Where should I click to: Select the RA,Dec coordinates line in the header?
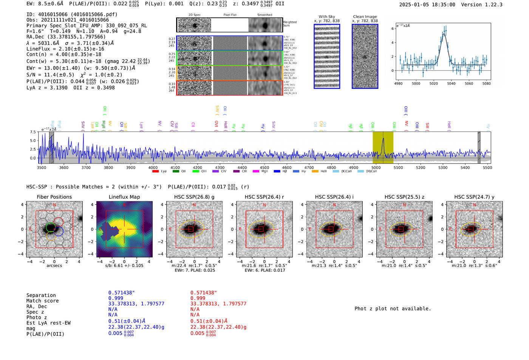tap(66, 37)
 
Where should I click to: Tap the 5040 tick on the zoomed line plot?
tap(451, 83)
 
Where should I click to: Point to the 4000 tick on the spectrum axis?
tap(153, 167)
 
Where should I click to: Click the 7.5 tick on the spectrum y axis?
tap(33, 132)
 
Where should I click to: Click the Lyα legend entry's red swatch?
tap(155, 172)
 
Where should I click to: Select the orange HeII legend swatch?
tap(315, 172)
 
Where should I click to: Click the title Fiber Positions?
tap(54, 197)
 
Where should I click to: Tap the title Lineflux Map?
tap(124, 197)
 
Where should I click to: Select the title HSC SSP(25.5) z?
tap(404, 197)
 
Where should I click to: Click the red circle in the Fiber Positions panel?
tap(58, 222)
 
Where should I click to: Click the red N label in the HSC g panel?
tap(194, 205)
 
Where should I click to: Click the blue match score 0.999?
tap(116, 298)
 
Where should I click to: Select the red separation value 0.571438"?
tap(204, 293)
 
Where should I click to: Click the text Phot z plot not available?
tap(393, 309)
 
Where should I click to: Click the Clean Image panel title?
tap(365, 17)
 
